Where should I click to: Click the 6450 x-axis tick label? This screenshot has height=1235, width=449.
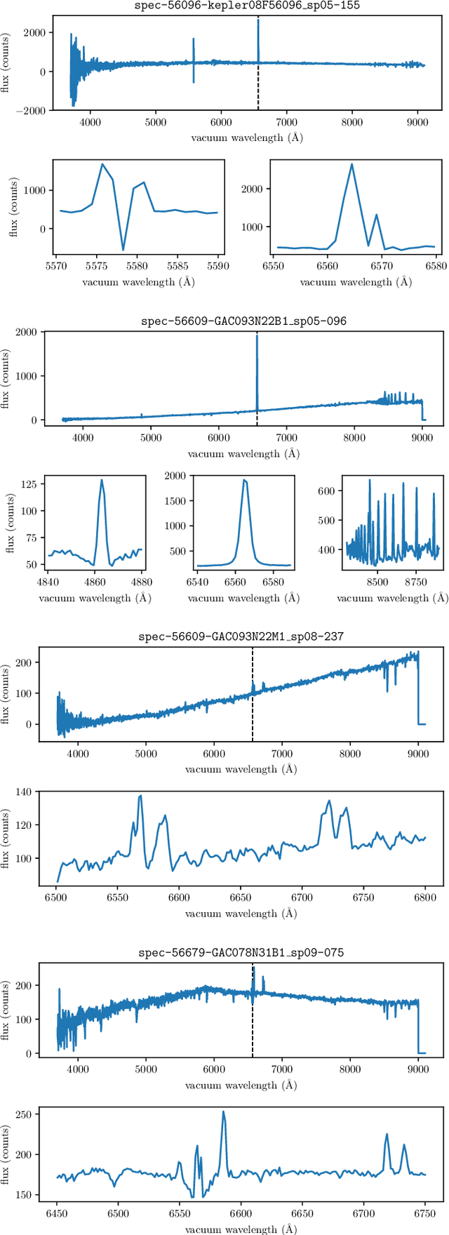(x=57, y=1213)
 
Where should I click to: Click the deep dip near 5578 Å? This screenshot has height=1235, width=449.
(x=123, y=250)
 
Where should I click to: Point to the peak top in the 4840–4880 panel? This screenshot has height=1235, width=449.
(x=102, y=480)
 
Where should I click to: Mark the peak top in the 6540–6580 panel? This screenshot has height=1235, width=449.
(x=243, y=479)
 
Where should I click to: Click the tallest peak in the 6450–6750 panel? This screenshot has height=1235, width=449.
(x=224, y=1111)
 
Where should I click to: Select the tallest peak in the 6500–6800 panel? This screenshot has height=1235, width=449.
(x=140, y=796)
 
